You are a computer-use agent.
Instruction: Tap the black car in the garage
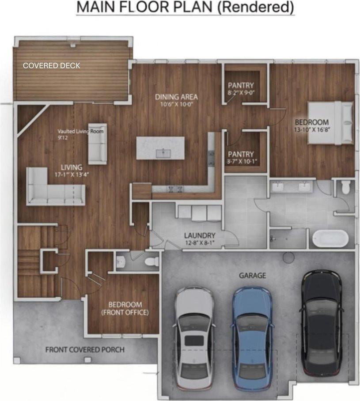(322, 323)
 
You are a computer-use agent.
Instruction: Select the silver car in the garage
(195, 337)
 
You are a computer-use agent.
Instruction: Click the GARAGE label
(253, 276)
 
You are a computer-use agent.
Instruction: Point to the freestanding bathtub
(330, 238)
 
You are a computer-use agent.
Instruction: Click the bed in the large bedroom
(330, 123)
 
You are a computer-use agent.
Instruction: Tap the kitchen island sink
(163, 153)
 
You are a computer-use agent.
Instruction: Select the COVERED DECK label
(51, 65)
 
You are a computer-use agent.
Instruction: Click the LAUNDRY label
(200, 235)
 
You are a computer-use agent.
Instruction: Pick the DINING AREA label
(176, 97)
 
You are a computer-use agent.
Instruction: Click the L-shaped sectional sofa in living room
(56, 186)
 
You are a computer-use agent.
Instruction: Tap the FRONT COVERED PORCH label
(85, 350)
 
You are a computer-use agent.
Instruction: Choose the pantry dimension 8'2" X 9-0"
(241, 93)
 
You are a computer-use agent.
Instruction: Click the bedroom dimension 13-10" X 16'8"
(312, 129)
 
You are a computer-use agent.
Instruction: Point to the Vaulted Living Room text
(80, 132)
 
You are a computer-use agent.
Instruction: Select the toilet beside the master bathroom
(346, 187)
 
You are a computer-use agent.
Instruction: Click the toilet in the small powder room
(152, 261)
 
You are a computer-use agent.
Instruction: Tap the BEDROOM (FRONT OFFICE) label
(125, 308)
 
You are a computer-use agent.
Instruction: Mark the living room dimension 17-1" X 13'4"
(72, 175)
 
